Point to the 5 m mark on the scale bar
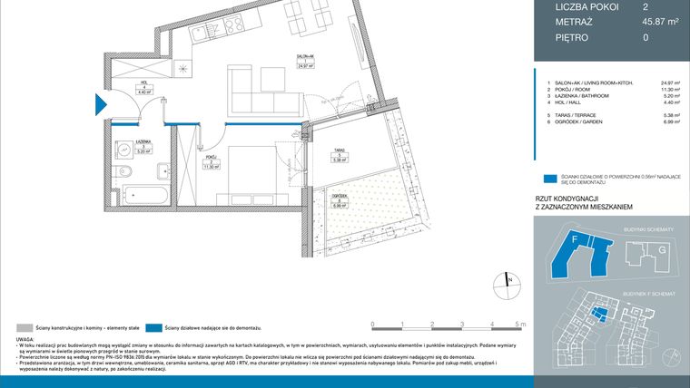[x=518, y=324]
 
